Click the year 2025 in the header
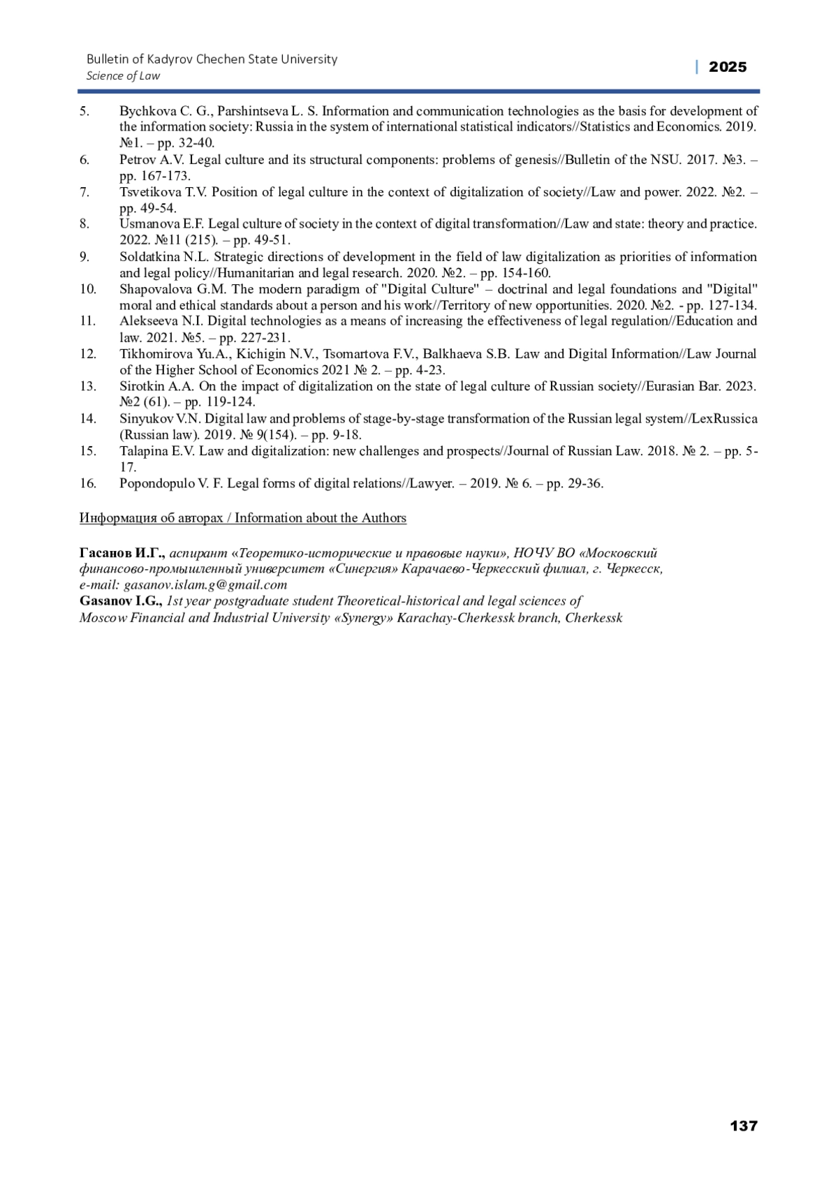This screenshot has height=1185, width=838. (727, 67)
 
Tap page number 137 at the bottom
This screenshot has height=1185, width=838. (743, 1126)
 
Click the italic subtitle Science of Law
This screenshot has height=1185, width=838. (123, 76)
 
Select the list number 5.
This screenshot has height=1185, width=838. (84, 111)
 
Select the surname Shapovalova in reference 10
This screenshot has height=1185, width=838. (153, 289)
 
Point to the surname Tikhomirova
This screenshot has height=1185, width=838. (152, 354)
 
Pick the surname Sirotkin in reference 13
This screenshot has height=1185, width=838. (142, 386)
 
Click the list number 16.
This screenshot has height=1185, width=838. (87, 483)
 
